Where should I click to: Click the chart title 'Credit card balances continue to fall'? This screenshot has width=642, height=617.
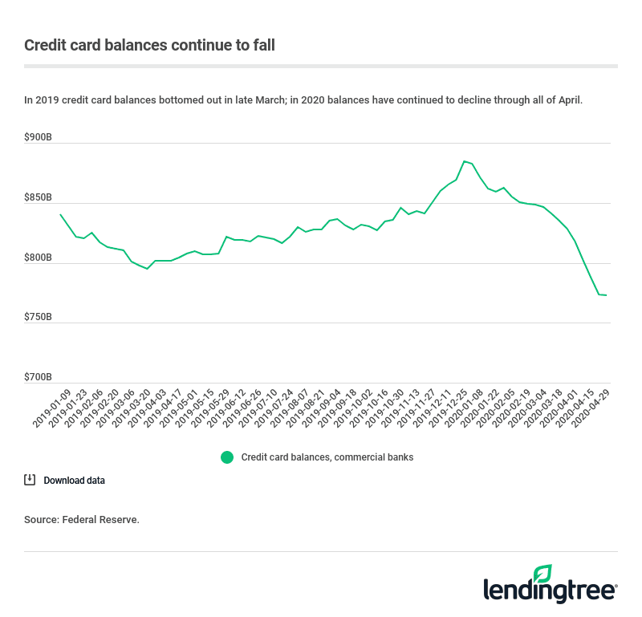coord(149,45)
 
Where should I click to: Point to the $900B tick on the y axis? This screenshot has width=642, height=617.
coord(39,137)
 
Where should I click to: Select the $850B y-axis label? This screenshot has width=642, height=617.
coord(39,197)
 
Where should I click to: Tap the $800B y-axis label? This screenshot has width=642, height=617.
coord(39,258)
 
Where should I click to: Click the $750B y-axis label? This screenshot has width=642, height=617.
coord(39,317)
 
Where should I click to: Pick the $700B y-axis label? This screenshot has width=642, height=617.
coord(39,377)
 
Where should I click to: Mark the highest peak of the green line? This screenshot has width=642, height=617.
coord(465,161)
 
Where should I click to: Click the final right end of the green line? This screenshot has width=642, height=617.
coord(606,295)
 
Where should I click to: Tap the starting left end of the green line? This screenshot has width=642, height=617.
coord(61,214)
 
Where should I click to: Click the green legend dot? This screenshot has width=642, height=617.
coord(227,457)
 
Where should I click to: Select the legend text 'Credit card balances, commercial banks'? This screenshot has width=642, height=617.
coord(327,457)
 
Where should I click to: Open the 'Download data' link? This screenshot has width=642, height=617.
coord(74,481)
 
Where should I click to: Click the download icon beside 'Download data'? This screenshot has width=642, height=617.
coord(30,480)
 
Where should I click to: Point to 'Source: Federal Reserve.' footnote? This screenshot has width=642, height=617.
coord(82,520)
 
